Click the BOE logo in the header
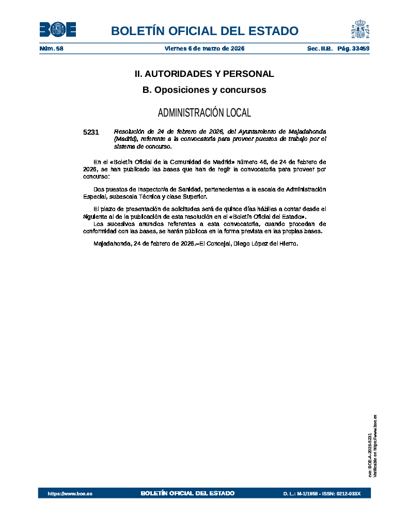pyautogui.click(x=58, y=30)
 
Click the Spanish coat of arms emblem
pyautogui.click(x=360, y=29)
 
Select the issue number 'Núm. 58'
pyautogui.click(x=51, y=49)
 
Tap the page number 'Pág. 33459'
pyautogui.click(x=353, y=49)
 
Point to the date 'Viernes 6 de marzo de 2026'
pyautogui.click(x=204, y=49)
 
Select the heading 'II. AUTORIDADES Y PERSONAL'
pyautogui.click(x=204, y=74)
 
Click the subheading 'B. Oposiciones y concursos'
pyautogui.click(x=204, y=90)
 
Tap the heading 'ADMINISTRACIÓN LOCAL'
pyautogui.click(x=204, y=112)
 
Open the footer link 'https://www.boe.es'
pyautogui.click(x=70, y=494)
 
